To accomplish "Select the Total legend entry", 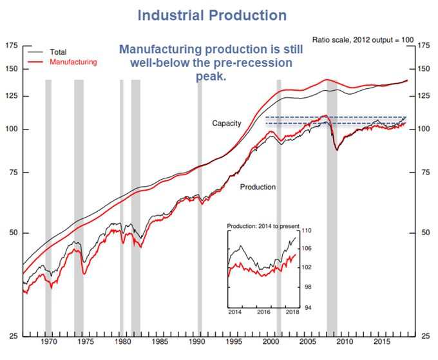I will (58, 52).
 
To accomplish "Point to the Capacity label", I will (226, 122).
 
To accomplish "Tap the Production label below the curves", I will (258, 187).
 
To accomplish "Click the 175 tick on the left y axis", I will (12, 46).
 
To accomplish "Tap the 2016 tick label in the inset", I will (263, 312).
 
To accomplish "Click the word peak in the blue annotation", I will (206, 76).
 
